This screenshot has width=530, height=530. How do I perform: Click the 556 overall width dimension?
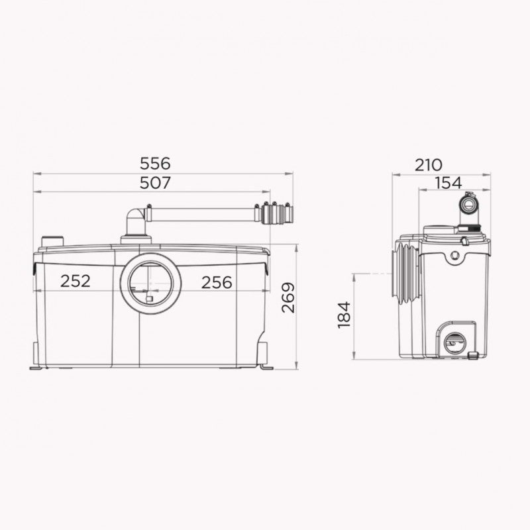pos(156,163)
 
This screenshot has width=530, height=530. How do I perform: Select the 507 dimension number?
pos(156,183)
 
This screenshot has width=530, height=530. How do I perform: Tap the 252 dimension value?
pos(76,282)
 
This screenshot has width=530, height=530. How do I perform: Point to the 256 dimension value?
pos(217,282)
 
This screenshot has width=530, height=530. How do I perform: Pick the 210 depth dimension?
pos(429,165)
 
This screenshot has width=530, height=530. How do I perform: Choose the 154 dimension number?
pos(449,183)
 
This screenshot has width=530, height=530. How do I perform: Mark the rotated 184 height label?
pos(344,314)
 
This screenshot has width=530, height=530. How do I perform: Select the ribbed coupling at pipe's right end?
pos(278,214)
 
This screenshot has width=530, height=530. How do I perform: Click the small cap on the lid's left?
pos(51,240)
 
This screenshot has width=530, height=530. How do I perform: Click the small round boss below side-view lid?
pos(454,254)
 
